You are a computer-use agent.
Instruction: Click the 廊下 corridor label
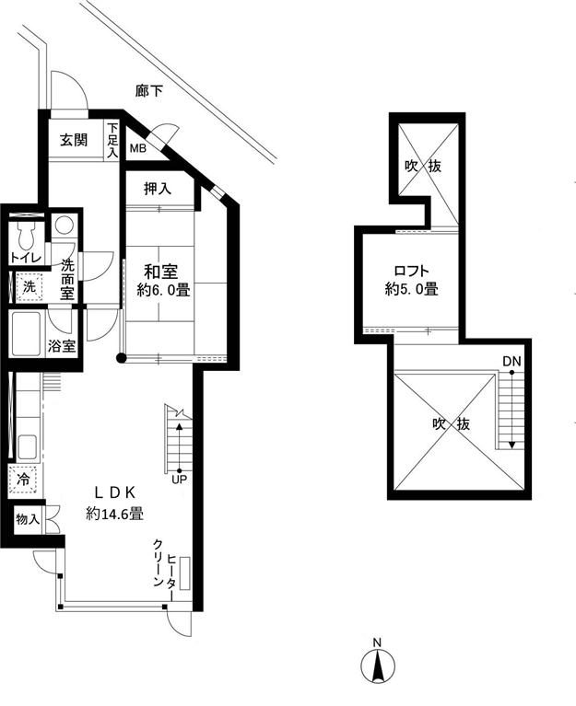tap(148, 91)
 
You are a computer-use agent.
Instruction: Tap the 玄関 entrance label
tap(74, 141)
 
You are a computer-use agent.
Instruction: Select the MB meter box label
tap(138, 148)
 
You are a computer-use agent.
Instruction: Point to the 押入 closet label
tap(158, 189)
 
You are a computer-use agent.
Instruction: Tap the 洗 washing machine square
tap(29, 287)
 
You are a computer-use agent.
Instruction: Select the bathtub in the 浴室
tap(26, 333)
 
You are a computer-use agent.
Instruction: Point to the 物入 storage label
tap(28, 519)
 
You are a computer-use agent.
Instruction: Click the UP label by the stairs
tap(179, 480)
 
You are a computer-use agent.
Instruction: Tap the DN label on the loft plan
tap(511, 361)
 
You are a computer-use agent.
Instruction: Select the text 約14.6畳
tap(115, 514)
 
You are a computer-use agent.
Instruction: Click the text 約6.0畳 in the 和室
tap(163, 290)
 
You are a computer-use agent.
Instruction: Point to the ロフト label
tap(411, 271)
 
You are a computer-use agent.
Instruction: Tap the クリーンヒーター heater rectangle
tap(185, 573)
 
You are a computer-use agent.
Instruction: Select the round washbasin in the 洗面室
tap(64, 226)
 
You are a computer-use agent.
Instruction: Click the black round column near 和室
tap(122, 358)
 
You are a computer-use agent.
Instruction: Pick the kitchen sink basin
tap(28, 447)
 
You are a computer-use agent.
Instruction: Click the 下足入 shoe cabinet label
tap(112, 140)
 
